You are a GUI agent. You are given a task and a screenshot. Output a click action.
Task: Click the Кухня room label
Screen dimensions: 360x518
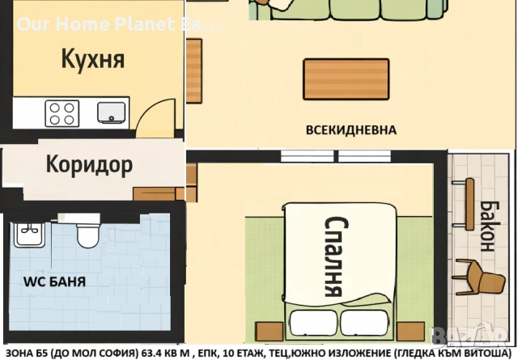click(x=93, y=59)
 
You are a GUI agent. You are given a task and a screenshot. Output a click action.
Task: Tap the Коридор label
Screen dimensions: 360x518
click(x=89, y=166)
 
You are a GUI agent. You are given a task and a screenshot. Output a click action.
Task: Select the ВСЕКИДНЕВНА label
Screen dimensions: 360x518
click(x=350, y=129)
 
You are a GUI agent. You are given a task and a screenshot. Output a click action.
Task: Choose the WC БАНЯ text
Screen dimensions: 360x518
click(x=54, y=282)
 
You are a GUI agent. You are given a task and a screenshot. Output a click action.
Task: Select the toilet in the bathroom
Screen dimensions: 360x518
click(x=87, y=234)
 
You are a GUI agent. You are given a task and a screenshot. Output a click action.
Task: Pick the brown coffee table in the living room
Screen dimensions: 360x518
click(x=346, y=78)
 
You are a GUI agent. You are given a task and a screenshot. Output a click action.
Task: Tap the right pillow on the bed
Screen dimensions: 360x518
click(x=365, y=318)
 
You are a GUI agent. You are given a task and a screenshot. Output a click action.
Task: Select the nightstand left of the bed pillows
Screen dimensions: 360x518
click(x=265, y=331)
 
